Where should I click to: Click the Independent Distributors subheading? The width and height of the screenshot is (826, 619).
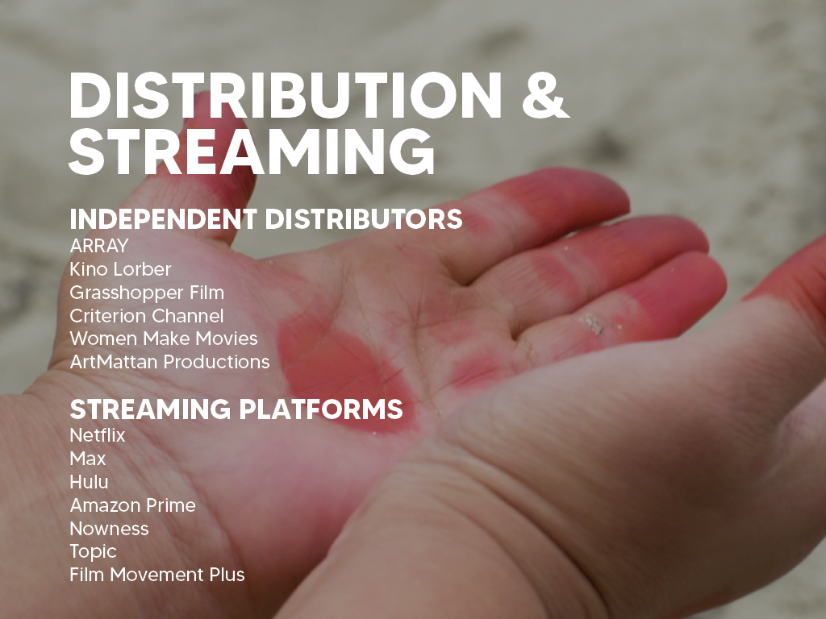pyautogui.click(x=266, y=219)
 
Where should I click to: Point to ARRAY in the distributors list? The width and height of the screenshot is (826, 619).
pyautogui.click(x=99, y=246)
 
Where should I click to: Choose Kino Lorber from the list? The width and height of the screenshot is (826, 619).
pyautogui.click(x=120, y=269)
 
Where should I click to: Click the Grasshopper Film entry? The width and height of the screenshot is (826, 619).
pyautogui.click(x=147, y=293)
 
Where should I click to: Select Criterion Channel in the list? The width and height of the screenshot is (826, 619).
pyautogui.click(x=147, y=316)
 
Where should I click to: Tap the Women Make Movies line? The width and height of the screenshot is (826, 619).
pyautogui.click(x=163, y=339)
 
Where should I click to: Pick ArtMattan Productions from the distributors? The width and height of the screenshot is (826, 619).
pyautogui.click(x=169, y=362)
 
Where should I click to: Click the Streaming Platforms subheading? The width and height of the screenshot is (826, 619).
pyautogui.click(x=236, y=409)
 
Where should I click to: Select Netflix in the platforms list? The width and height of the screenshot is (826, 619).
pyautogui.click(x=98, y=435)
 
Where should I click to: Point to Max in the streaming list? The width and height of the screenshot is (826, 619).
pyautogui.click(x=87, y=459)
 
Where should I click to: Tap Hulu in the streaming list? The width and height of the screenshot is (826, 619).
pyautogui.click(x=89, y=482)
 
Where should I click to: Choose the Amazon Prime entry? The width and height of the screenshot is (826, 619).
pyautogui.click(x=133, y=505)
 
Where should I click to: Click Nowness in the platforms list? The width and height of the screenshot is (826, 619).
pyautogui.click(x=109, y=529)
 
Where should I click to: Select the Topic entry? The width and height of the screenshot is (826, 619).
pyautogui.click(x=93, y=552)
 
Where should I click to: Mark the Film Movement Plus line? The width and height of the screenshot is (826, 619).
pyautogui.click(x=157, y=575)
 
